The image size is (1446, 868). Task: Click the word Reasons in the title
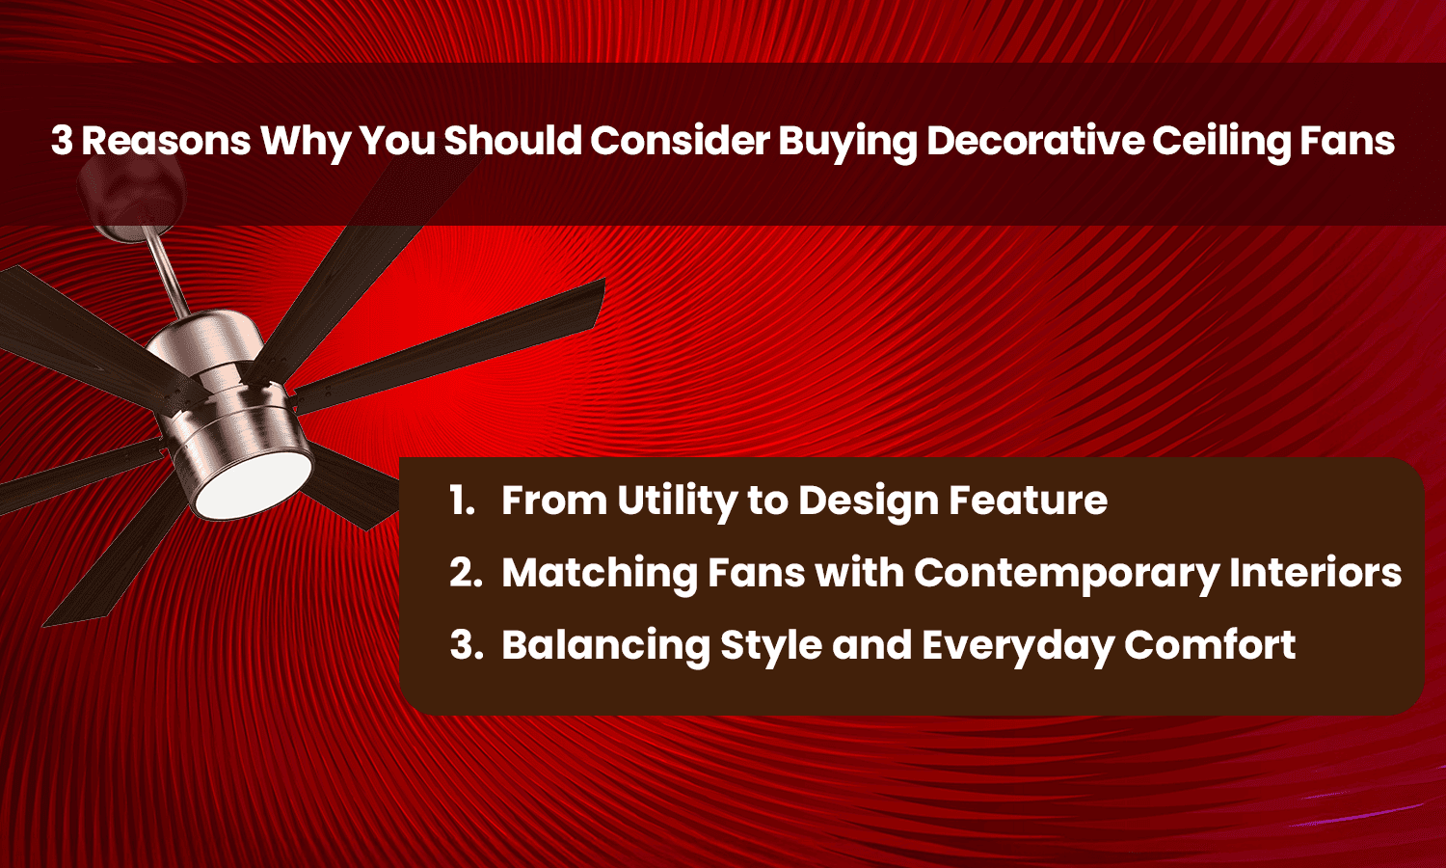(x=166, y=141)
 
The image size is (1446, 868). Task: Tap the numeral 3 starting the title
(x=62, y=141)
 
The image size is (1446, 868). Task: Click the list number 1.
(x=462, y=500)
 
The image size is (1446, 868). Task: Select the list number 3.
(x=466, y=644)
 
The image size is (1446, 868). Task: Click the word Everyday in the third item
(x=1017, y=644)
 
